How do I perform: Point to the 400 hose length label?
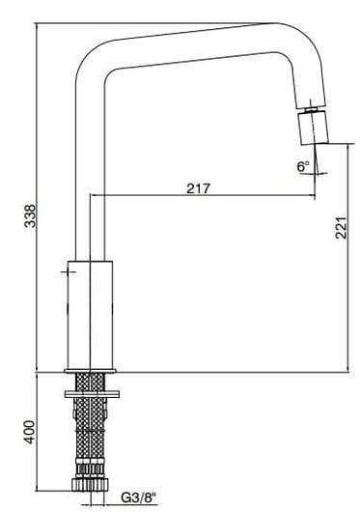point(30,432)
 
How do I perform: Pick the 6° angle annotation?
point(302,166)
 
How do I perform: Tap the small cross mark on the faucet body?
point(67,275)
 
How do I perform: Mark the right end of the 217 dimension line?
point(314,196)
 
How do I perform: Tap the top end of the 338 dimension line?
point(37,23)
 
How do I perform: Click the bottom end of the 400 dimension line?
point(37,486)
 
